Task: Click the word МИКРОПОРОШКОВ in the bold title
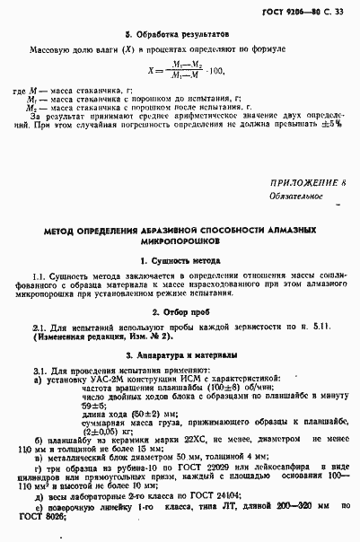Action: click(x=179, y=242)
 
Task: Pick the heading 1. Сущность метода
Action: click(x=180, y=260)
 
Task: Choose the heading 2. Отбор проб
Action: click(x=180, y=312)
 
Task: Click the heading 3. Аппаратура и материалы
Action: click(x=179, y=356)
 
